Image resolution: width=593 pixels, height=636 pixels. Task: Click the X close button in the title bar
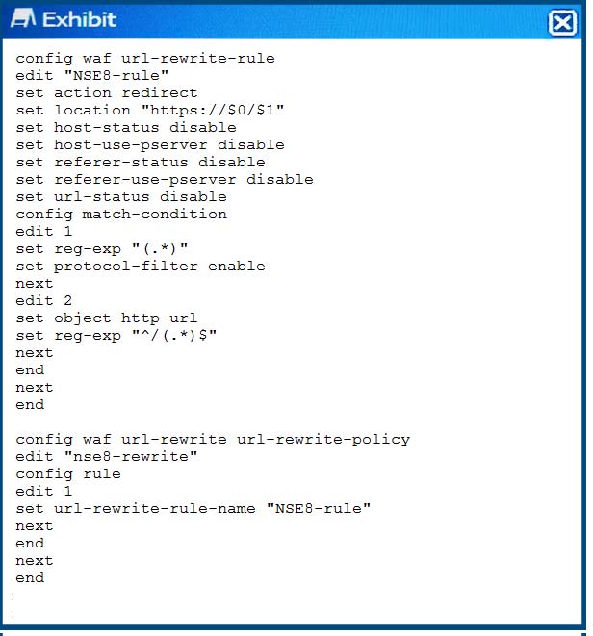(x=562, y=23)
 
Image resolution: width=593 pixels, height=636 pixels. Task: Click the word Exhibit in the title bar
(x=80, y=19)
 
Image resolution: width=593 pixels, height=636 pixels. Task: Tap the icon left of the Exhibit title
(x=23, y=18)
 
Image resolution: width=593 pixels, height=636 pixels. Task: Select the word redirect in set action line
(x=160, y=93)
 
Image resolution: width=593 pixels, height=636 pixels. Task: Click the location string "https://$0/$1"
(x=213, y=111)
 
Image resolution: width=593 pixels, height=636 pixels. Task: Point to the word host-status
(x=106, y=127)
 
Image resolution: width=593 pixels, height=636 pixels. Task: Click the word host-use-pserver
(x=131, y=144)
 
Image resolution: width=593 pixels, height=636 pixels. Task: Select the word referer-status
(x=121, y=163)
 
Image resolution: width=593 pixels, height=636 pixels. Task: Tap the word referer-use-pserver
(x=145, y=180)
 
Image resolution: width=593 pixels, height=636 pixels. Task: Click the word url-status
(x=102, y=196)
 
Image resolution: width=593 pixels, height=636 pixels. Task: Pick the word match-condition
(x=155, y=215)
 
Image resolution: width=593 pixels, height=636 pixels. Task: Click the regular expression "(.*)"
(x=160, y=248)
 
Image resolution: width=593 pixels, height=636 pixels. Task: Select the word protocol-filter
(x=126, y=267)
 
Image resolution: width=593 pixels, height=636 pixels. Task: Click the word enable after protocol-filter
(x=237, y=267)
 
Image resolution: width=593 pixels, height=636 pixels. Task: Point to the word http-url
(x=160, y=318)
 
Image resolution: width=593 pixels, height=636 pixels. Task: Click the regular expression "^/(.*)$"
(x=174, y=335)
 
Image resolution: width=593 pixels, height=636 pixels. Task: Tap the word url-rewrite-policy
(x=323, y=440)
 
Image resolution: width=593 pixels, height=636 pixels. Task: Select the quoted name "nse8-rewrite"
(x=131, y=457)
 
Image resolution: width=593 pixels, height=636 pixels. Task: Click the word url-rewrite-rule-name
(x=155, y=509)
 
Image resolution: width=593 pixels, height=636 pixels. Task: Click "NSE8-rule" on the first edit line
(x=116, y=75)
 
